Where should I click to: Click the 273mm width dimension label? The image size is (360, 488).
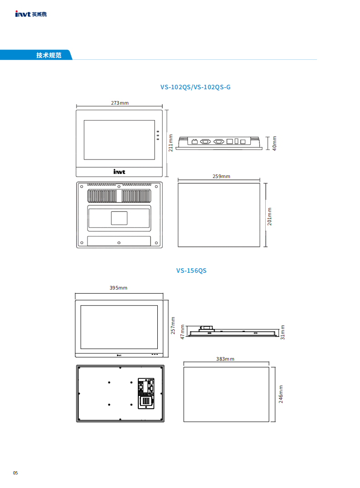(x=120, y=103)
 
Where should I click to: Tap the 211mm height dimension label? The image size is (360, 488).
(x=170, y=143)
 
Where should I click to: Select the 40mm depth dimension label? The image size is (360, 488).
(x=274, y=143)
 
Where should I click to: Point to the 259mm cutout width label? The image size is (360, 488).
(x=221, y=176)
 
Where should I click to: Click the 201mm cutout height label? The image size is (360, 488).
(x=269, y=216)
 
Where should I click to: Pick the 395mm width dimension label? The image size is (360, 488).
(x=118, y=288)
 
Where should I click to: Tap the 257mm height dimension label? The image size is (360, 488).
(x=173, y=325)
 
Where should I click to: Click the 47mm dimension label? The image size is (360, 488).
(x=182, y=332)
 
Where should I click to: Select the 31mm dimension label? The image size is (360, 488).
(x=282, y=332)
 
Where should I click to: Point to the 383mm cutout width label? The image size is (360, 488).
(x=225, y=359)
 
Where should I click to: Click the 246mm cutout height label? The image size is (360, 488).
(x=281, y=394)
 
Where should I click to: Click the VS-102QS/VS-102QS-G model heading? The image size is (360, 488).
(x=195, y=87)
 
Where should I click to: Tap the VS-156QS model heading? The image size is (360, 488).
(x=191, y=271)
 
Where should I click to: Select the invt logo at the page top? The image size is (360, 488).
(x=31, y=14)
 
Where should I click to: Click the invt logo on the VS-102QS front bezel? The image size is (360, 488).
(x=119, y=172)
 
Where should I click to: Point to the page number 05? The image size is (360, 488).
(x=15, y=473)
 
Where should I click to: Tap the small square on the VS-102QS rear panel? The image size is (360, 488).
(x=119, y=218)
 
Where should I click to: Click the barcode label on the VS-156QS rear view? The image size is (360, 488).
(x=146, y=401)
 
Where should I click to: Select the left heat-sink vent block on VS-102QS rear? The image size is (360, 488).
(x=102, y=196)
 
